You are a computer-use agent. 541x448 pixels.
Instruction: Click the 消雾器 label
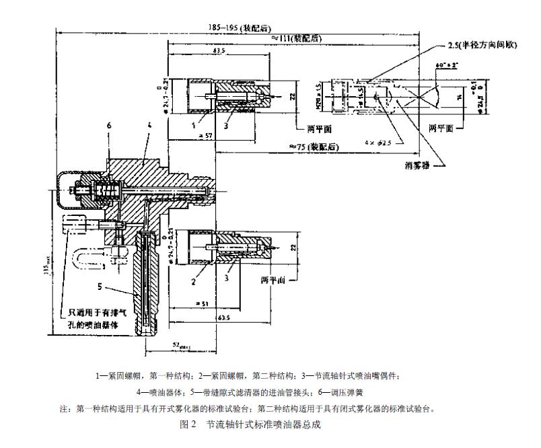(x=417, y=164)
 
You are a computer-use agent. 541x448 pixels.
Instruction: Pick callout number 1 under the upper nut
(x=194, y=125)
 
